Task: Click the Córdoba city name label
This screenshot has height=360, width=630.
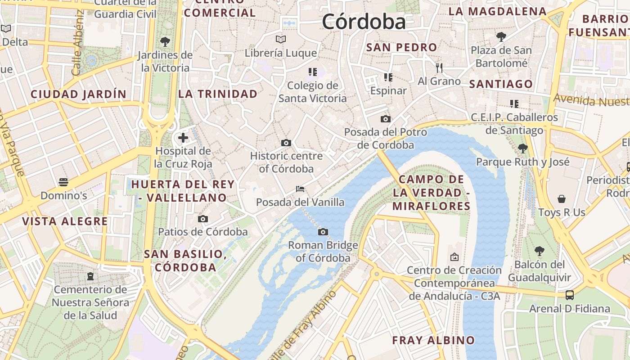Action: pyautogui.click(x=364, y=21)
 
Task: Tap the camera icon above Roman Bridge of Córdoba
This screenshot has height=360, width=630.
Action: pyautogui.click(x=323, y=232)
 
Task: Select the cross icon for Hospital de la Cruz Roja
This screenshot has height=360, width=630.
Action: pyautogui.click(x=183, y=138)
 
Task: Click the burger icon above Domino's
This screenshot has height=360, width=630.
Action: pyautogui.click(x=63, y=182)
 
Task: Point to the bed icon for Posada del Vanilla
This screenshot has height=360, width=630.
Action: pyautogui.click(x=300, y=189)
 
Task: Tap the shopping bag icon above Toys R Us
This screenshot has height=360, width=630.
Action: pyautogui.click(x=562, y=199)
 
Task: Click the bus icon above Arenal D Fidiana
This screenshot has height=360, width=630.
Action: pyautogui.click(x=570, y=295)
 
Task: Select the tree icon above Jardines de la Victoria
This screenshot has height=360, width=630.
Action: pyautogui.click(x=165, y=42)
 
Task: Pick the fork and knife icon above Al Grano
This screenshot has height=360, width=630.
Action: pyautogui.click(x=439, y=68)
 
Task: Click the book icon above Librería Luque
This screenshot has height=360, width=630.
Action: pyautogui.click(x=281, y=40)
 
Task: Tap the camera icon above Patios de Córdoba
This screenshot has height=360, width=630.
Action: pyautogui.click(x=203, y=219)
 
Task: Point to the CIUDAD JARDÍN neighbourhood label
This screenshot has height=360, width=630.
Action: pyautogui.click(x=78, y=94)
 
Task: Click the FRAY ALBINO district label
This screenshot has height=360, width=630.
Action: pyautogui.click(x=433, y=340)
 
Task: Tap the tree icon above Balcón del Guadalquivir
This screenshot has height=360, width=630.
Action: pyautogui.click(x=539, y=251)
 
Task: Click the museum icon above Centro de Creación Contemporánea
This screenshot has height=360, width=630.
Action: pyautogui.click(x=454, y=257)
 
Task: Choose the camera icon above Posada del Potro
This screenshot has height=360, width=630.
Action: pyautogui.click(x=385, y=119)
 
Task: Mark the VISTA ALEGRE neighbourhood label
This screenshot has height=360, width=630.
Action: pyautogui.click(x=65, y=221)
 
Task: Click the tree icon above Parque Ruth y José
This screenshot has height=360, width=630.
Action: pyautogui.click(x=522, y=148)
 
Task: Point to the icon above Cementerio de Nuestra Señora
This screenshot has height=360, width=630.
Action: pyautogui.click(x=90, y=276)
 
